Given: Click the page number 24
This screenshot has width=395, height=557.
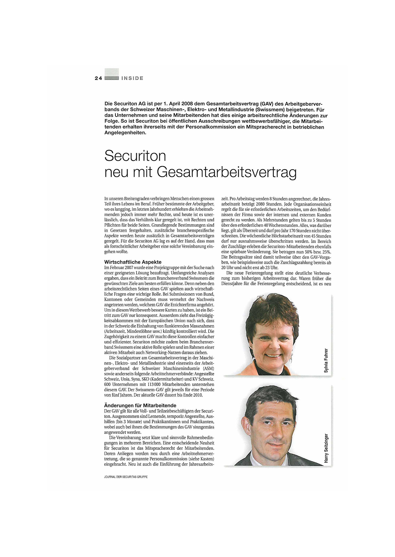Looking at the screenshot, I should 98,78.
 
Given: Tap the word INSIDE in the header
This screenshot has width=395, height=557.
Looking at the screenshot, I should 132,78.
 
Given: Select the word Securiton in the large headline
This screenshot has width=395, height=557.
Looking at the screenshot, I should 135,156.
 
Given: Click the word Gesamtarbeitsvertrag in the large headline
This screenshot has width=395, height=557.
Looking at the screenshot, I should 226,172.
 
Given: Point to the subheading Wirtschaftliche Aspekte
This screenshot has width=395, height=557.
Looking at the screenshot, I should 133,262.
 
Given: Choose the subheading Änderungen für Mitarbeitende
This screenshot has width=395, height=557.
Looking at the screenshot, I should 140,405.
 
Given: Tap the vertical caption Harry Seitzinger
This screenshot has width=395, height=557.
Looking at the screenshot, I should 326,448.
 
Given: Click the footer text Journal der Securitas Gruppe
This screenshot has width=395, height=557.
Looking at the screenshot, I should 125,477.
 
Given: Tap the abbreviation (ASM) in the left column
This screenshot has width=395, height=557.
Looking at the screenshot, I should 208,368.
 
